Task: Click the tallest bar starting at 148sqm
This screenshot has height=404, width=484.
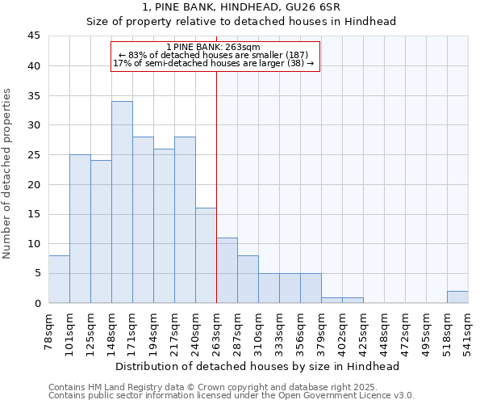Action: pos(122,202)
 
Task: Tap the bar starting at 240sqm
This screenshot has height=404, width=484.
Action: pos(206,255)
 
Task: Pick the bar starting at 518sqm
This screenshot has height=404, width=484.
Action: pos(457,297)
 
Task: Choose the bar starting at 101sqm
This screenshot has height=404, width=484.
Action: pos(80,229)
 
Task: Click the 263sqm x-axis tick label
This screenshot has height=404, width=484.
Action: pos(217,330)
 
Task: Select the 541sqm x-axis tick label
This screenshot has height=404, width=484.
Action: pos(469,330)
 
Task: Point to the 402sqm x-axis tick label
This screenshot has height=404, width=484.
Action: pos(343,330)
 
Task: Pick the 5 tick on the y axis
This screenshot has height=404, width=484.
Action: pos(36,273)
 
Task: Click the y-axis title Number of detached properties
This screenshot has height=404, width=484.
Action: pos(8,174)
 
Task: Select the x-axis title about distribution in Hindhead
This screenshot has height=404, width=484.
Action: pos(258,366)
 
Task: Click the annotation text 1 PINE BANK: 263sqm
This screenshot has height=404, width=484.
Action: pos(213,48)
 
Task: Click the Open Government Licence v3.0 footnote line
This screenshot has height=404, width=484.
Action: pos(232,396)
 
